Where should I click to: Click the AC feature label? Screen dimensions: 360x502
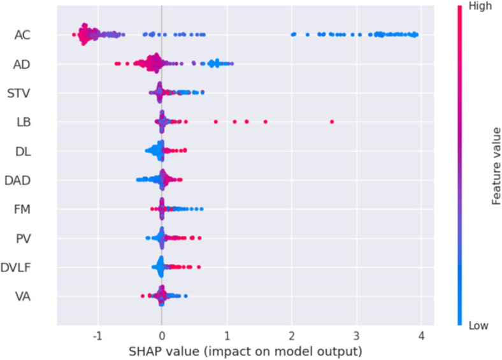click(x=24, y=34)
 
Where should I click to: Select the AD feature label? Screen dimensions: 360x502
click(x=24, y=64)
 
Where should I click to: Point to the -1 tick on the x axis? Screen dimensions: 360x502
click(x=96, y=335)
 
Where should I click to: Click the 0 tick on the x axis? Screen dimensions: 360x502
click(x=162, y=335)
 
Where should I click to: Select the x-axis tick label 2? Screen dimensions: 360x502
click(x=292, y=335)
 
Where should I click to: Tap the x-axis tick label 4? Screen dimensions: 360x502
click(x=422, y=335)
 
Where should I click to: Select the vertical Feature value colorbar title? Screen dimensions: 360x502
click(x=496, y=166)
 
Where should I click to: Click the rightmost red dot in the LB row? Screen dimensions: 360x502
click(x=332, y=121)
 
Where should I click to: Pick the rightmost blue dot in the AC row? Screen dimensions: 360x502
click(x=416, y=34)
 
